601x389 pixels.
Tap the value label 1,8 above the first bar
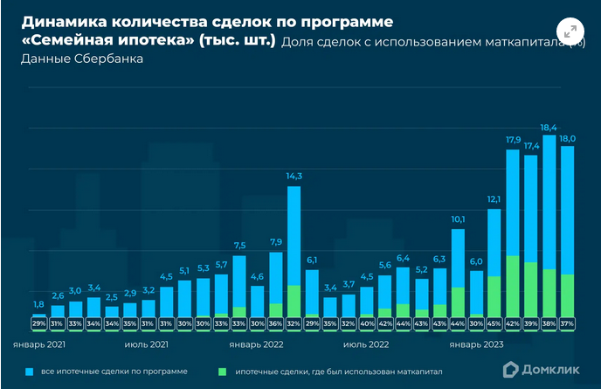pos(39,304)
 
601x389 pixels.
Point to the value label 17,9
pos(513,140)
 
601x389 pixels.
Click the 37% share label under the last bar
pos(568,323)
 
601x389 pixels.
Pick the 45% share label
pos(494,323)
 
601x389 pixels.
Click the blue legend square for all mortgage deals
pos(31,372)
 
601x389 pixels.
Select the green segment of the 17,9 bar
pos(513,285)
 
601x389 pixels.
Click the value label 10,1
pos(458,219)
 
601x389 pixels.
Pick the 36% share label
pos(276,323)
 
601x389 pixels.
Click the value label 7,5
pos(239,245)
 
